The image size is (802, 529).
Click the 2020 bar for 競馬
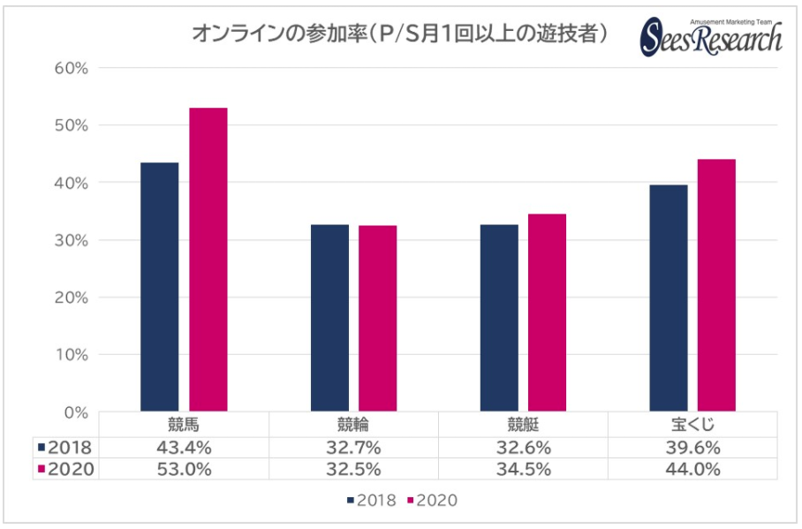[208, 260]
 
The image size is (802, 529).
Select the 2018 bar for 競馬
[159, 287]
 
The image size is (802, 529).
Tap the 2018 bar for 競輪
[329, 318]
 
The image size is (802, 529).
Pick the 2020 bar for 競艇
[547, 313]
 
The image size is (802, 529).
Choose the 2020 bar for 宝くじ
[716, 285]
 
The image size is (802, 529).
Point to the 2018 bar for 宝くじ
[669, 299]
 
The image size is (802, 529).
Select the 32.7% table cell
[353, 447]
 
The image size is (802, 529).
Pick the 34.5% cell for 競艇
[523, 469]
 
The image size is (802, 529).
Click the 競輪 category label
[353, 424]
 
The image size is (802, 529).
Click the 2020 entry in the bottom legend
[432, 501]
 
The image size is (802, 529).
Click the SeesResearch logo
[711, 37]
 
